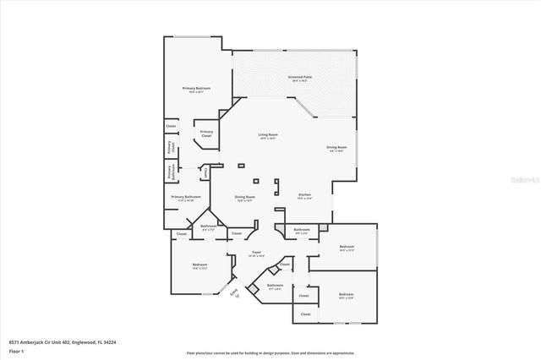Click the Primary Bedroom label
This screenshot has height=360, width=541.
[x=196, y=88]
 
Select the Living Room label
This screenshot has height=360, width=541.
[x=268, y=134]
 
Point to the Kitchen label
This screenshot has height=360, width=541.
[x=304, y=195]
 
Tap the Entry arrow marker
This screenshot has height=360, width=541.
[x=233, y=292]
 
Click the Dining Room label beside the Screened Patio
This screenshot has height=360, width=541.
[x=336, y=148]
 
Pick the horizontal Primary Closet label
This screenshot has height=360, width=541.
[x=206, y=134]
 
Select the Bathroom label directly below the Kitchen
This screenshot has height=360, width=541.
[x=302, y=230]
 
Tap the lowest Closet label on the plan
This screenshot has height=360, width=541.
[x=305, y=314]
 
